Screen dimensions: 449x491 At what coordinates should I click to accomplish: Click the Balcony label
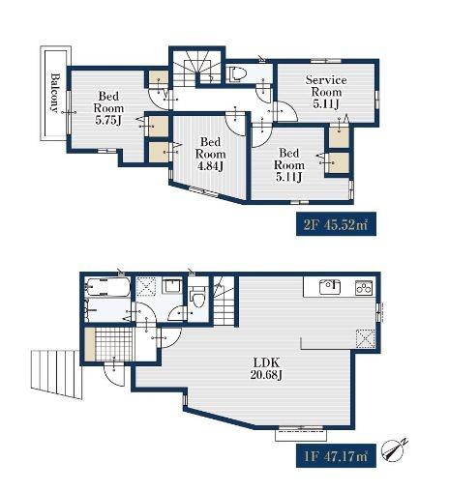pos(55,93)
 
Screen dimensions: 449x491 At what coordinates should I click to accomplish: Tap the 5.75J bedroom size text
pos(108,121)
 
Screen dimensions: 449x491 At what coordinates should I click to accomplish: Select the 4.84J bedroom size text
pos(210,166)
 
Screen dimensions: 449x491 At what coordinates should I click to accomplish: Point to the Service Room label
pos(326,86)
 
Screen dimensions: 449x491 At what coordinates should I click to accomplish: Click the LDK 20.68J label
pos(266,368)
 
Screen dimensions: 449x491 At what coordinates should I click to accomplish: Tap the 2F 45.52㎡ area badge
pos(336,224)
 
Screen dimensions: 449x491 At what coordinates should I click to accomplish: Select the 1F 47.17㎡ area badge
pos(336,455)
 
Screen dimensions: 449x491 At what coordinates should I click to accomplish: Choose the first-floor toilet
pos(197,298)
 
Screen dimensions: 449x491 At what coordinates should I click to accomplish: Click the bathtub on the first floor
pos(108,287)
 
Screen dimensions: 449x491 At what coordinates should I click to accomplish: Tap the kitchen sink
pos(330,287)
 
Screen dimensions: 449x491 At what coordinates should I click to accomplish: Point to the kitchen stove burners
pos(364,288)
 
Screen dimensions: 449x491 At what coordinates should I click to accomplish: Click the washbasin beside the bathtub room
pos(172,286)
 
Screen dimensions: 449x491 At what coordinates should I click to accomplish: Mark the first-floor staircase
pos(224,301)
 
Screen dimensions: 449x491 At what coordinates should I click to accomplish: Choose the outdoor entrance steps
pos(56,374)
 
